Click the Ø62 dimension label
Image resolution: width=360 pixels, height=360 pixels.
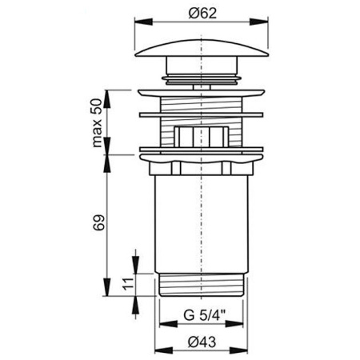point(202,13)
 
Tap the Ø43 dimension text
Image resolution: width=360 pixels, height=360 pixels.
point(202,342)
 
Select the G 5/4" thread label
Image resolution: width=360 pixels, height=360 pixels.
point(204,315)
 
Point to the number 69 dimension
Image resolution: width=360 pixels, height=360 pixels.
point(98,222)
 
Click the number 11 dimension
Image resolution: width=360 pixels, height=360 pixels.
point(128,284)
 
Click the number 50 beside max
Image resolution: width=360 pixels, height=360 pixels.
point(97,106)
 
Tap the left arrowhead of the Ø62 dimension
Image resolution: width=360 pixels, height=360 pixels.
point(144,22)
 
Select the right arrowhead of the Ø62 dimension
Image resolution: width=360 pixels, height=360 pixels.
point(259,22)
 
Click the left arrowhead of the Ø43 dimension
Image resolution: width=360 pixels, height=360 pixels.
point(164,350)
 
